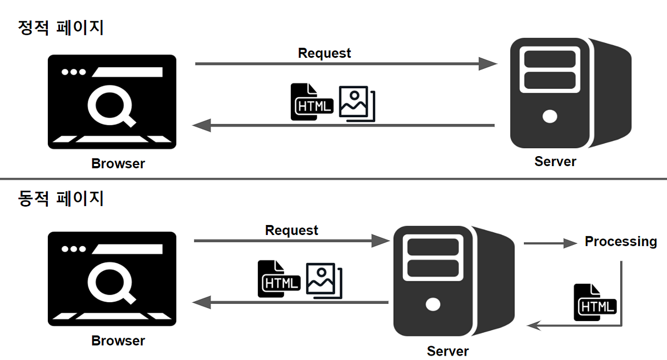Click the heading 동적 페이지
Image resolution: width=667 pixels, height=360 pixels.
pos(61,198)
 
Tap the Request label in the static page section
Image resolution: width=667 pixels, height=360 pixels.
pos(325,53)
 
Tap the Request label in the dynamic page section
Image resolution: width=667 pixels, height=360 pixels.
pos(292,231)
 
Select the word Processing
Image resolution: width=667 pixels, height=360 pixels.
pos(621,242)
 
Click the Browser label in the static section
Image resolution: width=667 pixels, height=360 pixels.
pos(118,164)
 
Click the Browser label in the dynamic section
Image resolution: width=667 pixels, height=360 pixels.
pos(118,341)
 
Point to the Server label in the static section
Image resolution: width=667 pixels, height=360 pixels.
pos(555,162)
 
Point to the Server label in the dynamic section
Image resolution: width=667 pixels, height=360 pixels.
pos(447,351)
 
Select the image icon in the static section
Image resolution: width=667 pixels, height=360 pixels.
pos(356,103)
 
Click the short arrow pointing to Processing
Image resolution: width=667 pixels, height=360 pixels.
pos(550,243)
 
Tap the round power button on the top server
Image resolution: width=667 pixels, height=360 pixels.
pos(550,117)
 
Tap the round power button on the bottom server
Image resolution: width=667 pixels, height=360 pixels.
pos(432,304)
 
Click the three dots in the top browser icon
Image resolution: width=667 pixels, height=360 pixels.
pos(74,72)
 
